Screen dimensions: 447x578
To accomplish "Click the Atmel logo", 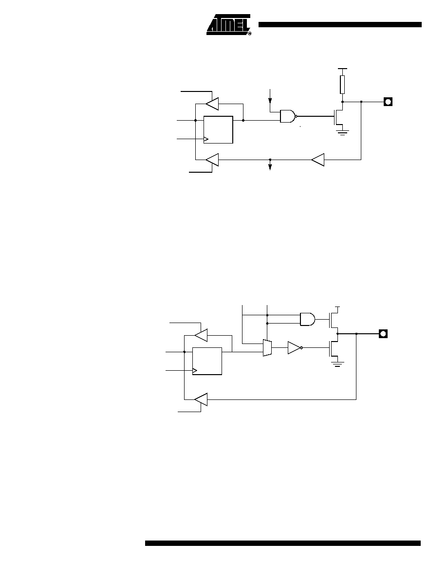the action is [229, 25].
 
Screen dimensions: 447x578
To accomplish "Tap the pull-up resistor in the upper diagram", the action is [342, 85].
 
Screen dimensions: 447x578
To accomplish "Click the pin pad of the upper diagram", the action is [388, 101].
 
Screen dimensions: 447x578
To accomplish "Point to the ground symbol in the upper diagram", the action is [342, 132].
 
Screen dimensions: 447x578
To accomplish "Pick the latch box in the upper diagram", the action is [218, 130].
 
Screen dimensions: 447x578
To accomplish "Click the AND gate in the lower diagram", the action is [308, 319].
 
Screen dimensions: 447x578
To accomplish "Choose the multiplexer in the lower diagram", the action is [267, 348].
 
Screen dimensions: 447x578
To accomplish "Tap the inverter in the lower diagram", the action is [295, 347].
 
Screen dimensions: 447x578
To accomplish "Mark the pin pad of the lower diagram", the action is [383, 334].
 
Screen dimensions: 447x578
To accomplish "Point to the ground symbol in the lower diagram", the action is [337, 364].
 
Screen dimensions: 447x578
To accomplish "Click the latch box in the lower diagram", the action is [207, 361].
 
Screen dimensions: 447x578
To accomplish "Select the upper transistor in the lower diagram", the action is [334, 319].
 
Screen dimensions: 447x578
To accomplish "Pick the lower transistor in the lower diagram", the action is [334, 347].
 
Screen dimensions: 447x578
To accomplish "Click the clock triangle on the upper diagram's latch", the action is [206, 139].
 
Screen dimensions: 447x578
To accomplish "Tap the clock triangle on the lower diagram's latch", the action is [195, 370].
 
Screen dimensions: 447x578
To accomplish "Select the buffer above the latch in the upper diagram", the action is [212, 104].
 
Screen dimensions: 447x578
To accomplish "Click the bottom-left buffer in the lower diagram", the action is [201, 399].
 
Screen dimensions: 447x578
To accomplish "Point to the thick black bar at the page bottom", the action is [283, 543].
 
